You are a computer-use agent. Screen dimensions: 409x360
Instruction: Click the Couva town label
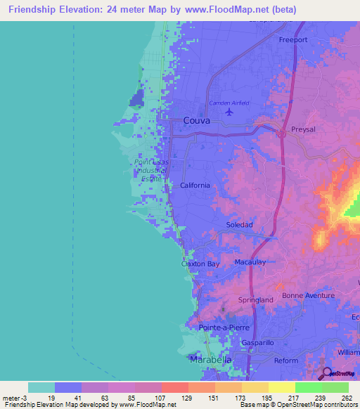click(x=197, y=120)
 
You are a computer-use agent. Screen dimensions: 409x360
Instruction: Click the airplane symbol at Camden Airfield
click(x=228, y=111)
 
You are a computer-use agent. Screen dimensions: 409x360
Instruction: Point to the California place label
click(x=195, y=186)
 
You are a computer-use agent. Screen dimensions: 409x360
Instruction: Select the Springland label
click(x=256, y=299)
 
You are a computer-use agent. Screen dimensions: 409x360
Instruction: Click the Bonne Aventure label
click(x=308, y=295)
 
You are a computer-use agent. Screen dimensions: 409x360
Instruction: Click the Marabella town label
click(x=211, y=360)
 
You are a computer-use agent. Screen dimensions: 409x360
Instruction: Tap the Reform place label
click(x=287, y=361)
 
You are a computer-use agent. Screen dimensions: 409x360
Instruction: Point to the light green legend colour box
click(x=335, y=387)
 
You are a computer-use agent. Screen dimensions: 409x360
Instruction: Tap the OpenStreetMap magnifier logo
click(x=327, y=374)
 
